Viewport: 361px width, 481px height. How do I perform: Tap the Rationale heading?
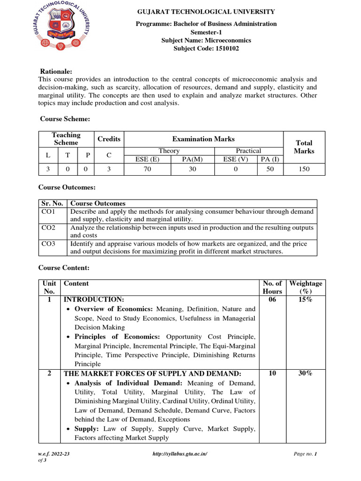55,71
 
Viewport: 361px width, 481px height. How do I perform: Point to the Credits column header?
109,139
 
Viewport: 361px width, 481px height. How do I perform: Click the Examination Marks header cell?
204,139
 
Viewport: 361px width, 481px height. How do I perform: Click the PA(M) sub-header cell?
193,159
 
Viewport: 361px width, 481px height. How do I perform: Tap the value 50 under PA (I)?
270,169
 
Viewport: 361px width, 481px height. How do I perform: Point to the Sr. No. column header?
52,203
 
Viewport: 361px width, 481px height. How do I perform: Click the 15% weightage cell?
306,299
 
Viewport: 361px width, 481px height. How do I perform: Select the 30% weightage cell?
306,373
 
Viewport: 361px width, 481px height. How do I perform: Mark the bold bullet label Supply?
88,429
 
